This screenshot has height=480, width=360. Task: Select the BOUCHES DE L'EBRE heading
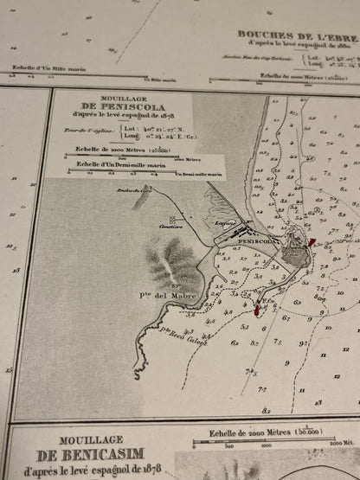point(294,35)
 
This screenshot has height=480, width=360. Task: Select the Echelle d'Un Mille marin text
point(44,66)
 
